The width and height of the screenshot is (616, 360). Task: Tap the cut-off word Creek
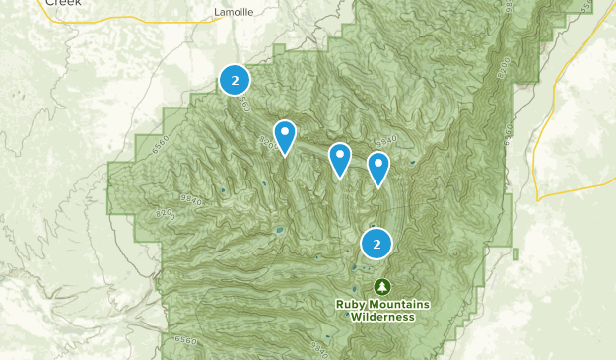pyautogui.click(x=63, y=3)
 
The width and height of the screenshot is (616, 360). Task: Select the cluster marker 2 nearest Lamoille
pyautogui.click(x=234, y=80)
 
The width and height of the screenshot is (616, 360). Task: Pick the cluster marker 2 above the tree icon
pyautogui.click(x=376, y=243)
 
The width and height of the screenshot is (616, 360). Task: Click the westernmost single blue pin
pyautogui.click(x=285, y=136)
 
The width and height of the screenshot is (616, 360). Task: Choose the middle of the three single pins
pyautogui.click(x=340, y=159)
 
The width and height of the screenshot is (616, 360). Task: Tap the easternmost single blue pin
pyautogui.click(x=378, y=169)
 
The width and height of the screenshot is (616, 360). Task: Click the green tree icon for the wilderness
pyautogui.click(x=381, y=286)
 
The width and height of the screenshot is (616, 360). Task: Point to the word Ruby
pyautogui.click(x=350, y=304)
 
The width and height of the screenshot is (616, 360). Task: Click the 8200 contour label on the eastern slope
pyautogui.click(x=505, y=69)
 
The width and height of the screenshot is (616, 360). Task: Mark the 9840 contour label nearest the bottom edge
pyautogui.click(x=319, y=348)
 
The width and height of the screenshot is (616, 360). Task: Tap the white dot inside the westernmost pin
pyautogui.click(x=285, y=131)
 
